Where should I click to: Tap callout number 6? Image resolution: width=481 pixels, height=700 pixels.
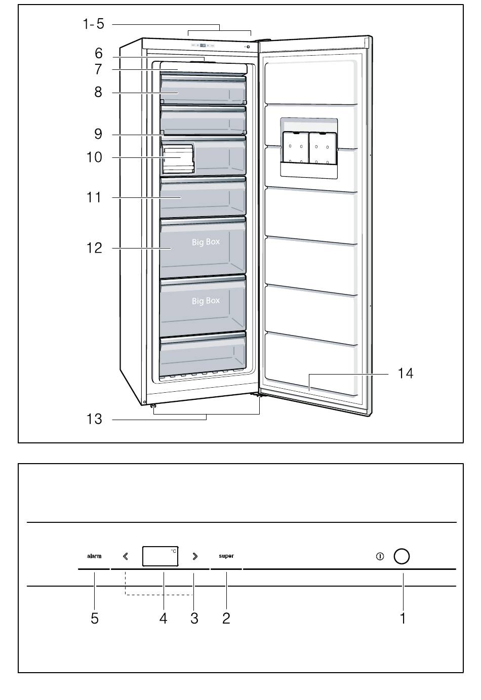[99, 53]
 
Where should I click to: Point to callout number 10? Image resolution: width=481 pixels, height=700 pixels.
[94, 157]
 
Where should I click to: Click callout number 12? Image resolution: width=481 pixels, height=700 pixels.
[94, 248]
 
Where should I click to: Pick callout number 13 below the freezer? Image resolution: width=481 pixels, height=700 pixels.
[94, 419]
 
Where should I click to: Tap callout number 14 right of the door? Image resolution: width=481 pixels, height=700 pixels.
[405, 374]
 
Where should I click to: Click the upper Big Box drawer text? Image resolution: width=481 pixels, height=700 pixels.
[206, 242]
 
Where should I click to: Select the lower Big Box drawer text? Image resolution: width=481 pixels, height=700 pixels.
[206, 301]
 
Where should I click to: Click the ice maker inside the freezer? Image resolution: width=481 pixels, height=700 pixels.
[178, 158]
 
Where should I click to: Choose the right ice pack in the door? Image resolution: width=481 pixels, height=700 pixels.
[322, 148]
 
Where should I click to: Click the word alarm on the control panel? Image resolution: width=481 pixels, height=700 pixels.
[94, 556]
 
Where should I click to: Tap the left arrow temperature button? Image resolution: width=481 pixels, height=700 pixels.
[126, 556]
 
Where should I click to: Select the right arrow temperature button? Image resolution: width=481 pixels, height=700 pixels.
[195, 556]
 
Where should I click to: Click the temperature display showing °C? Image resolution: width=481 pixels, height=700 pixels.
[160, 556]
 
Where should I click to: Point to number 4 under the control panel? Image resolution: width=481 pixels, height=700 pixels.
[163, 618]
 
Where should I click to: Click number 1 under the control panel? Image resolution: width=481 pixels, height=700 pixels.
[403, 618]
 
